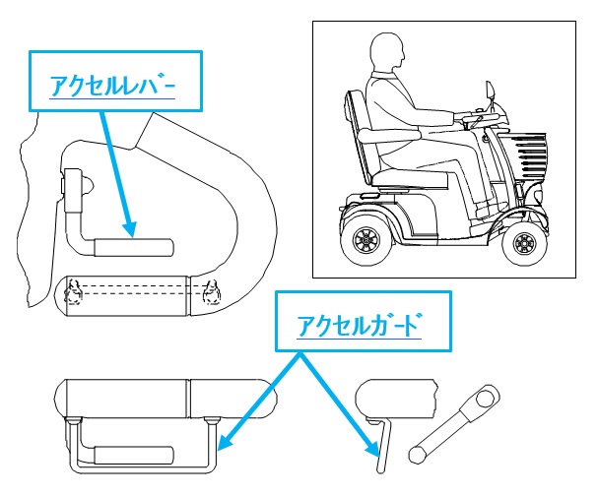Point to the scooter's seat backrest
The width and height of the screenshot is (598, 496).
pos(358,138)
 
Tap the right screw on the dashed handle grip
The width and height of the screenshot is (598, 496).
pos(210,293)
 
